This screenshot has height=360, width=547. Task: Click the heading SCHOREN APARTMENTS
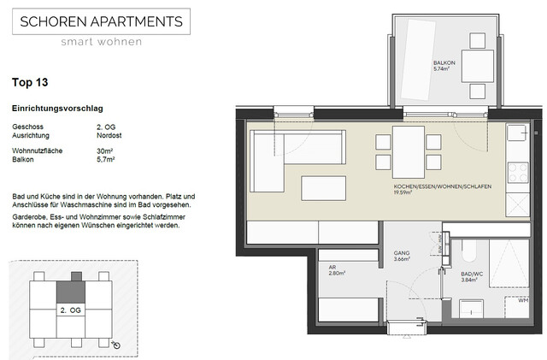[x=102, y=21]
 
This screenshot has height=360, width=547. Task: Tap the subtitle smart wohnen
[x=102, y=41]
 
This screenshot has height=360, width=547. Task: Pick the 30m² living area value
[x=106, y=150]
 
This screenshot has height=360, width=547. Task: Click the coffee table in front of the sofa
[x=324, y=188]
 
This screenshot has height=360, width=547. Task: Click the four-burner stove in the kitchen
[x=517, y=173]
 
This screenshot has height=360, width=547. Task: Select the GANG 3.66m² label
[x=401, y=256]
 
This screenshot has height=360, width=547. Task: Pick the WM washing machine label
[x=523, y=299]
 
